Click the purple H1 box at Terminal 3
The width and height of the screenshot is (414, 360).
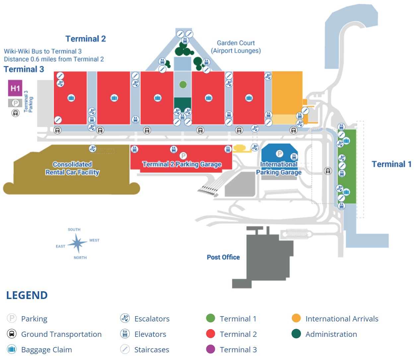[15, 88]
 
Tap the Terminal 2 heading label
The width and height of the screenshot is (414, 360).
[86, 39]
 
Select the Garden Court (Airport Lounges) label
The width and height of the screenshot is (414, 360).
[236, 47]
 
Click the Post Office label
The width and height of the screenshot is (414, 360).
[223, 257]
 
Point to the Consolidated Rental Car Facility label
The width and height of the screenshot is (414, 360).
[72, 168]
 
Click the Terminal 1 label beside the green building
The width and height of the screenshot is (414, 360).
[391, 164]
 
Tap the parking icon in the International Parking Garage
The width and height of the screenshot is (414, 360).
[280, 154]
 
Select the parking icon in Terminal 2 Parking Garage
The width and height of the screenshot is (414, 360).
[183, 156]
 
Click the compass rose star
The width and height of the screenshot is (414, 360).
[77, 243]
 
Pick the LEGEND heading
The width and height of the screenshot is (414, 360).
[27, 295]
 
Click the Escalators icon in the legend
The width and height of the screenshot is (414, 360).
[125, 318]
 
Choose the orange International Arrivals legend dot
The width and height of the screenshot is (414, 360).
[296, 318]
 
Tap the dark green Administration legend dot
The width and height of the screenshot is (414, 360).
[296, 334]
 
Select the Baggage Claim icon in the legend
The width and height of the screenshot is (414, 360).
[12, 349]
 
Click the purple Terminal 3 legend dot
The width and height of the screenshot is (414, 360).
[210, 349]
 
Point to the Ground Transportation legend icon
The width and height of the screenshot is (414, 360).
[12, 334]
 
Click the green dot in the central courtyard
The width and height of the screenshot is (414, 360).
[183, 85]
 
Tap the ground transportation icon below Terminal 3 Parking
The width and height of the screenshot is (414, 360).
[15, 113]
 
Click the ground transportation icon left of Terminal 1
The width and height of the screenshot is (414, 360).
[328, 171]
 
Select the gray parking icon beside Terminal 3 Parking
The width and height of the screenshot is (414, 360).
[15, 103]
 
